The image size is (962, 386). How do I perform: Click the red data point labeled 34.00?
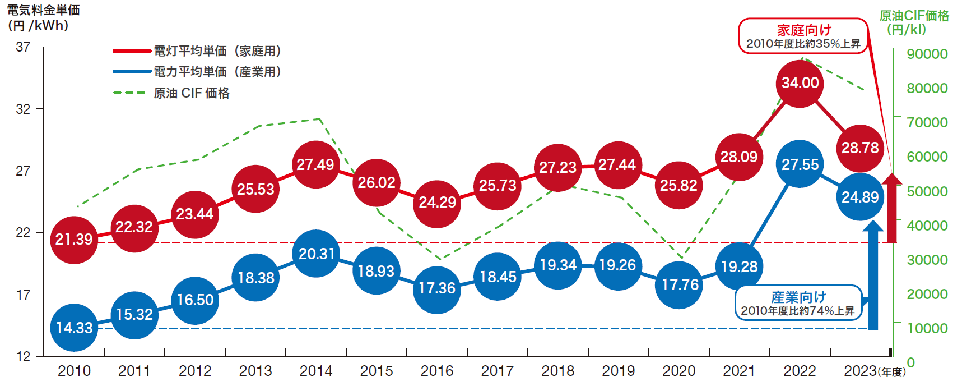[x=800, y=83]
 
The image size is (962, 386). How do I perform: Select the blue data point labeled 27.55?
[x=800, y=164]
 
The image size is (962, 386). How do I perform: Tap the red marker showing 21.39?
[x=74, y=240]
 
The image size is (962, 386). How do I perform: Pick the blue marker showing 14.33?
[x=74, y=328]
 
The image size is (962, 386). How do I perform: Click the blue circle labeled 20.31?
[x=316, y=254]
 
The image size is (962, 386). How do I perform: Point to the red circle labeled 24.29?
[x=437, y=203]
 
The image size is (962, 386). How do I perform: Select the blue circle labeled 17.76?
[x=679, y=284]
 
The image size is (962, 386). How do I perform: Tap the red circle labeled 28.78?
[x=860, y=148]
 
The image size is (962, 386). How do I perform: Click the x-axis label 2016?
[x=437, y=371]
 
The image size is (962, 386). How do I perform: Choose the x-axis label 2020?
[x=679, y=371]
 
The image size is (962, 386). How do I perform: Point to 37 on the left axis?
[x=23, y=47]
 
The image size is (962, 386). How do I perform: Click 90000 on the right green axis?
[x=927, y=54]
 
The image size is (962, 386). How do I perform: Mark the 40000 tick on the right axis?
[x=927, y=226]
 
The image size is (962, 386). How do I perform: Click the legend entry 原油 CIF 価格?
[x=191, y=93]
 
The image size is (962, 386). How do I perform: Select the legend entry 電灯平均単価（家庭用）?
[x=217, y=51]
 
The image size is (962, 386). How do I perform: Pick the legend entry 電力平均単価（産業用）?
[x=217, y=72]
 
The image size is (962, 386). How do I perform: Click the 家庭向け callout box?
[x=803, y=36]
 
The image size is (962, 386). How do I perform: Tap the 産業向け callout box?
[x=798, y=303]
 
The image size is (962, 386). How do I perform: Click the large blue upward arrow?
[x=872, y=275]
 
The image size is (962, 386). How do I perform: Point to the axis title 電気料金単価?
[x=43, y=10]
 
